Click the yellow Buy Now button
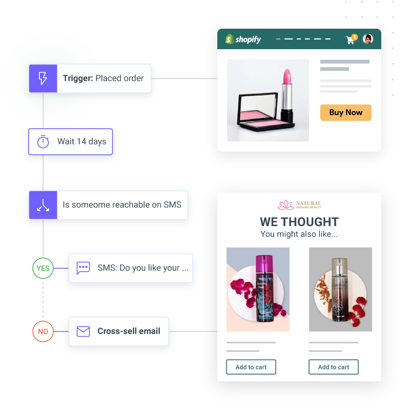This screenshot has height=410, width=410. coord(346,113)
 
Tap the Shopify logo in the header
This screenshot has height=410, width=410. coord(243,39)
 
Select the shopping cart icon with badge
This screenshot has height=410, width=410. coord(351,39)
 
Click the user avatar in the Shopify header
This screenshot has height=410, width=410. coord(368,39)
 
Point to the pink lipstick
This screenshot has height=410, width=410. coord(286,92)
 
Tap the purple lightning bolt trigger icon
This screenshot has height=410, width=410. coord(43,78)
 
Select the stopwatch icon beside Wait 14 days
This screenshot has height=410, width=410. coord(43,142)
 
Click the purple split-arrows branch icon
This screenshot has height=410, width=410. coord(43,205)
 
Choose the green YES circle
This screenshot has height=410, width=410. coord(43,269)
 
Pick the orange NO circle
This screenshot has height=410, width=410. coord(43,332)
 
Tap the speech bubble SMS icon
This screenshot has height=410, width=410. coord(83,268)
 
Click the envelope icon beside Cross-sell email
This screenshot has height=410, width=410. coord(83,331)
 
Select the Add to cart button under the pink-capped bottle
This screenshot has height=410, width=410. coord(251,367)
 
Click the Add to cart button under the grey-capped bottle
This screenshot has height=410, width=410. coord(333,367)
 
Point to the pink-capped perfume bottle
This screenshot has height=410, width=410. coord(263,289)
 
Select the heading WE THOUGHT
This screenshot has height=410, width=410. coord(299,222)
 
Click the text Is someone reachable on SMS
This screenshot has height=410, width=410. coord(122,205)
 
